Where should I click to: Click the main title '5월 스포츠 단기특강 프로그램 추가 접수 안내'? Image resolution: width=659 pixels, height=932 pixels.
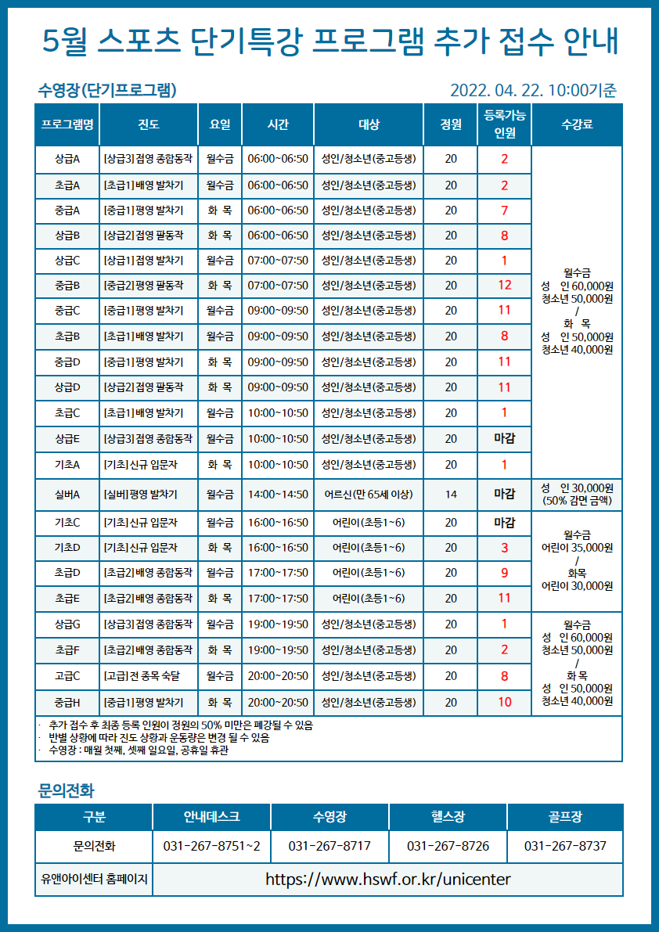coord(329,41)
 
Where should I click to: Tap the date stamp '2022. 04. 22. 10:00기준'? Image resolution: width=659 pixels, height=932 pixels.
coord(533,90)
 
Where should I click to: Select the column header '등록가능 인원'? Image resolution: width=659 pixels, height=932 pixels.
coord(504,124)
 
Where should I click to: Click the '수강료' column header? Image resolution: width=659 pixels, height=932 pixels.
coord(577,124)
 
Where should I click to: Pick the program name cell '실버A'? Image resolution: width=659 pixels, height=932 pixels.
coord(67,494)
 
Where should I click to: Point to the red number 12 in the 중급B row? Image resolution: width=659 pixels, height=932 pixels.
coord(504,285)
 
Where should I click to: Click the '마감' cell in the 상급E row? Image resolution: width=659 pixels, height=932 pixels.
coord(504,438)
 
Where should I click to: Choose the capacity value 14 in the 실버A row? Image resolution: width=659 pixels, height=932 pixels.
coord(451,494)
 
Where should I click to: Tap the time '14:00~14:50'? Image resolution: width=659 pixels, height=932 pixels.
coord(278,494)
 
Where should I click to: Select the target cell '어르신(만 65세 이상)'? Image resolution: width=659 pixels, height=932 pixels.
coord(369,494)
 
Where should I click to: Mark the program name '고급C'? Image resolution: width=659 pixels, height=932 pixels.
coord(67,675)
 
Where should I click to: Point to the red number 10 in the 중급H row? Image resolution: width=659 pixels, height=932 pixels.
coord(504,702)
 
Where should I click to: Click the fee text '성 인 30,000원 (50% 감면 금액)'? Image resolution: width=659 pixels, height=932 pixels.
coord(577,494)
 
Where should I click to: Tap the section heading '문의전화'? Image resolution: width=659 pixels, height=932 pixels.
coord(66,789)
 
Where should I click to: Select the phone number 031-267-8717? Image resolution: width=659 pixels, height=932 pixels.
coord(329,847)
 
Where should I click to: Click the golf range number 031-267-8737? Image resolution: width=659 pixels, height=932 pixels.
coord(565,847)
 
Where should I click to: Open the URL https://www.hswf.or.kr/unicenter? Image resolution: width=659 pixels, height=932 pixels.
coord(387,879)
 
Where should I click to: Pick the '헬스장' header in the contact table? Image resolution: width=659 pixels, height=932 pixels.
coord(448,817)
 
